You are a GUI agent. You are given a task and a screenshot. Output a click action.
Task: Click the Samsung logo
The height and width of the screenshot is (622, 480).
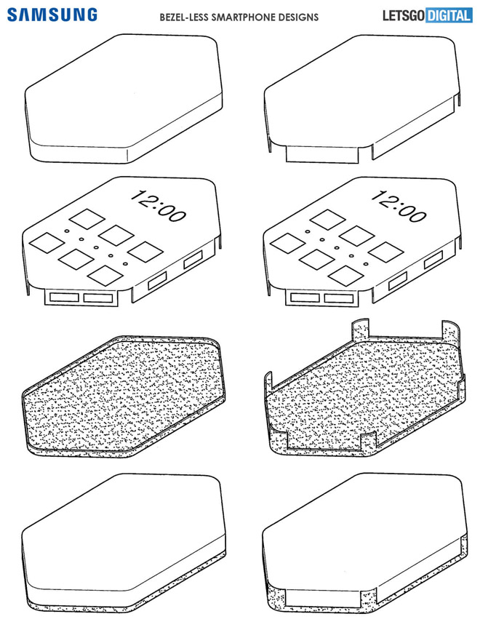[x=52, y=15]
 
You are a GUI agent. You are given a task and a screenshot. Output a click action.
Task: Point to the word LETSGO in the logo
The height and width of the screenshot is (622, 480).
[x=404, y=15]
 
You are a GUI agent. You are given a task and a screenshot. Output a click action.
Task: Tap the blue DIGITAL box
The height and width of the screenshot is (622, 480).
[x=449, y=15]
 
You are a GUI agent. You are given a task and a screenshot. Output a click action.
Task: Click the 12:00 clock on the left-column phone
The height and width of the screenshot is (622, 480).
[x=158, y=207]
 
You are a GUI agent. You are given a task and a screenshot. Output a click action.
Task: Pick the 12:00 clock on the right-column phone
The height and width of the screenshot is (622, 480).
[x=399, y=207]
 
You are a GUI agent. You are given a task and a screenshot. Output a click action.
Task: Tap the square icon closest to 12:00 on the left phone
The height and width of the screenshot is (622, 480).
[x=87, y=219]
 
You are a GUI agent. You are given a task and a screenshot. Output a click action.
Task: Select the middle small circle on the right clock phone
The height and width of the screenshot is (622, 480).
[x=337, y=248]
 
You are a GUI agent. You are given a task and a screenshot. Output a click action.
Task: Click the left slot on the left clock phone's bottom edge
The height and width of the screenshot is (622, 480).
[x=64, y=297]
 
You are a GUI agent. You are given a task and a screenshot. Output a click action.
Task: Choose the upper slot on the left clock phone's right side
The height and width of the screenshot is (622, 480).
[x=193, y=260]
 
